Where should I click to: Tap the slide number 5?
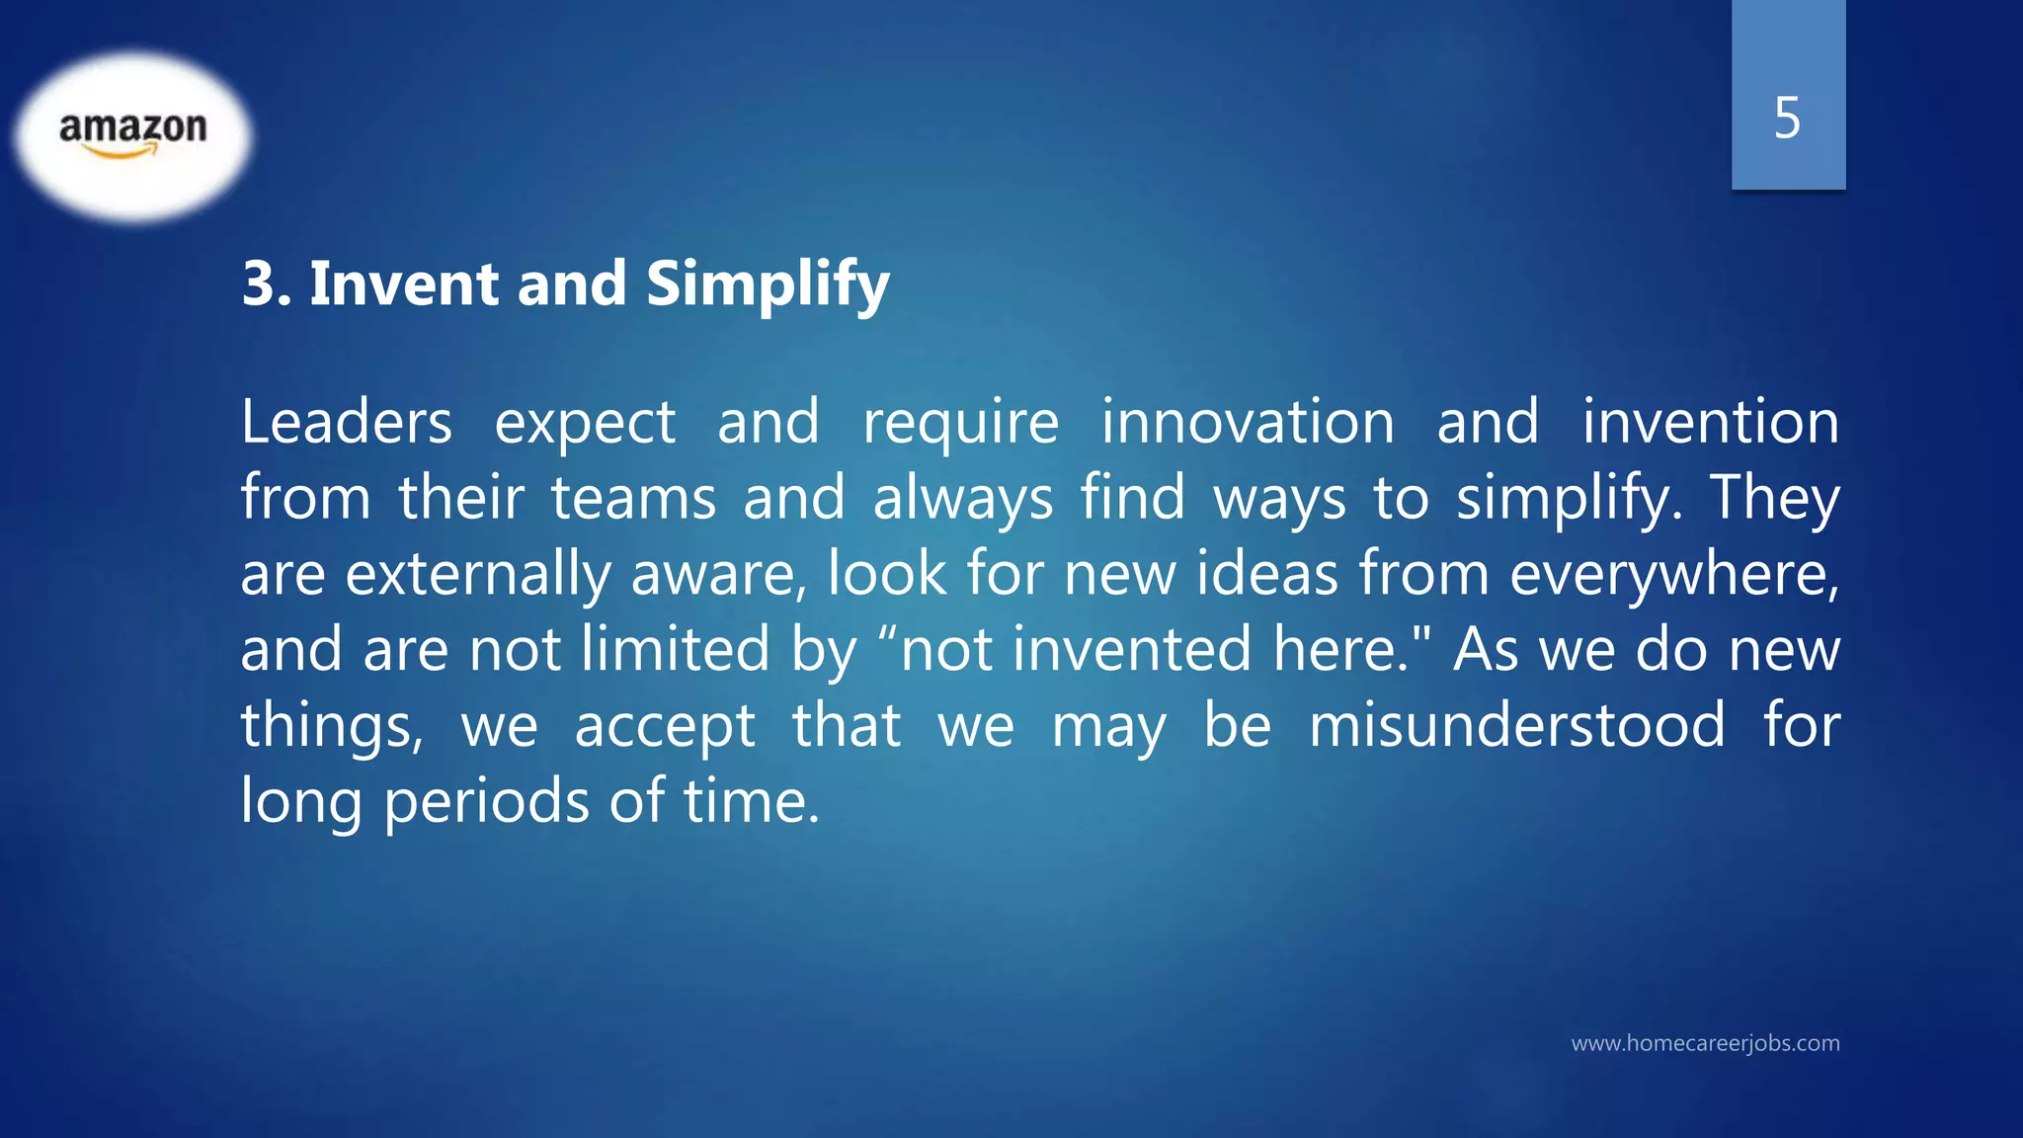[1787, 118]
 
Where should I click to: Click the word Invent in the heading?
[404, 284]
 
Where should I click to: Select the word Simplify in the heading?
[768, 285]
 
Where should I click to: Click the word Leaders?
[346, 422]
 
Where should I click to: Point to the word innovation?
[1248, 422]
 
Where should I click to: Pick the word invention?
[1710, 422]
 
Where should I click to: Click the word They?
[1774, 499]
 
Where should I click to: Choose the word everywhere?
[1673, 574]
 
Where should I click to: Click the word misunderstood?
[1516, 725]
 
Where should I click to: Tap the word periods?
[486, 801]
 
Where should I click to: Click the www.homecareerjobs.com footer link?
[1705, 1043]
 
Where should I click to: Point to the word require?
[960, 424]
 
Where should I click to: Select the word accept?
[664, 727]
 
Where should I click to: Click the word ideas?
[1266, 574]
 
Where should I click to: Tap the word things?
[332, 727]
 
